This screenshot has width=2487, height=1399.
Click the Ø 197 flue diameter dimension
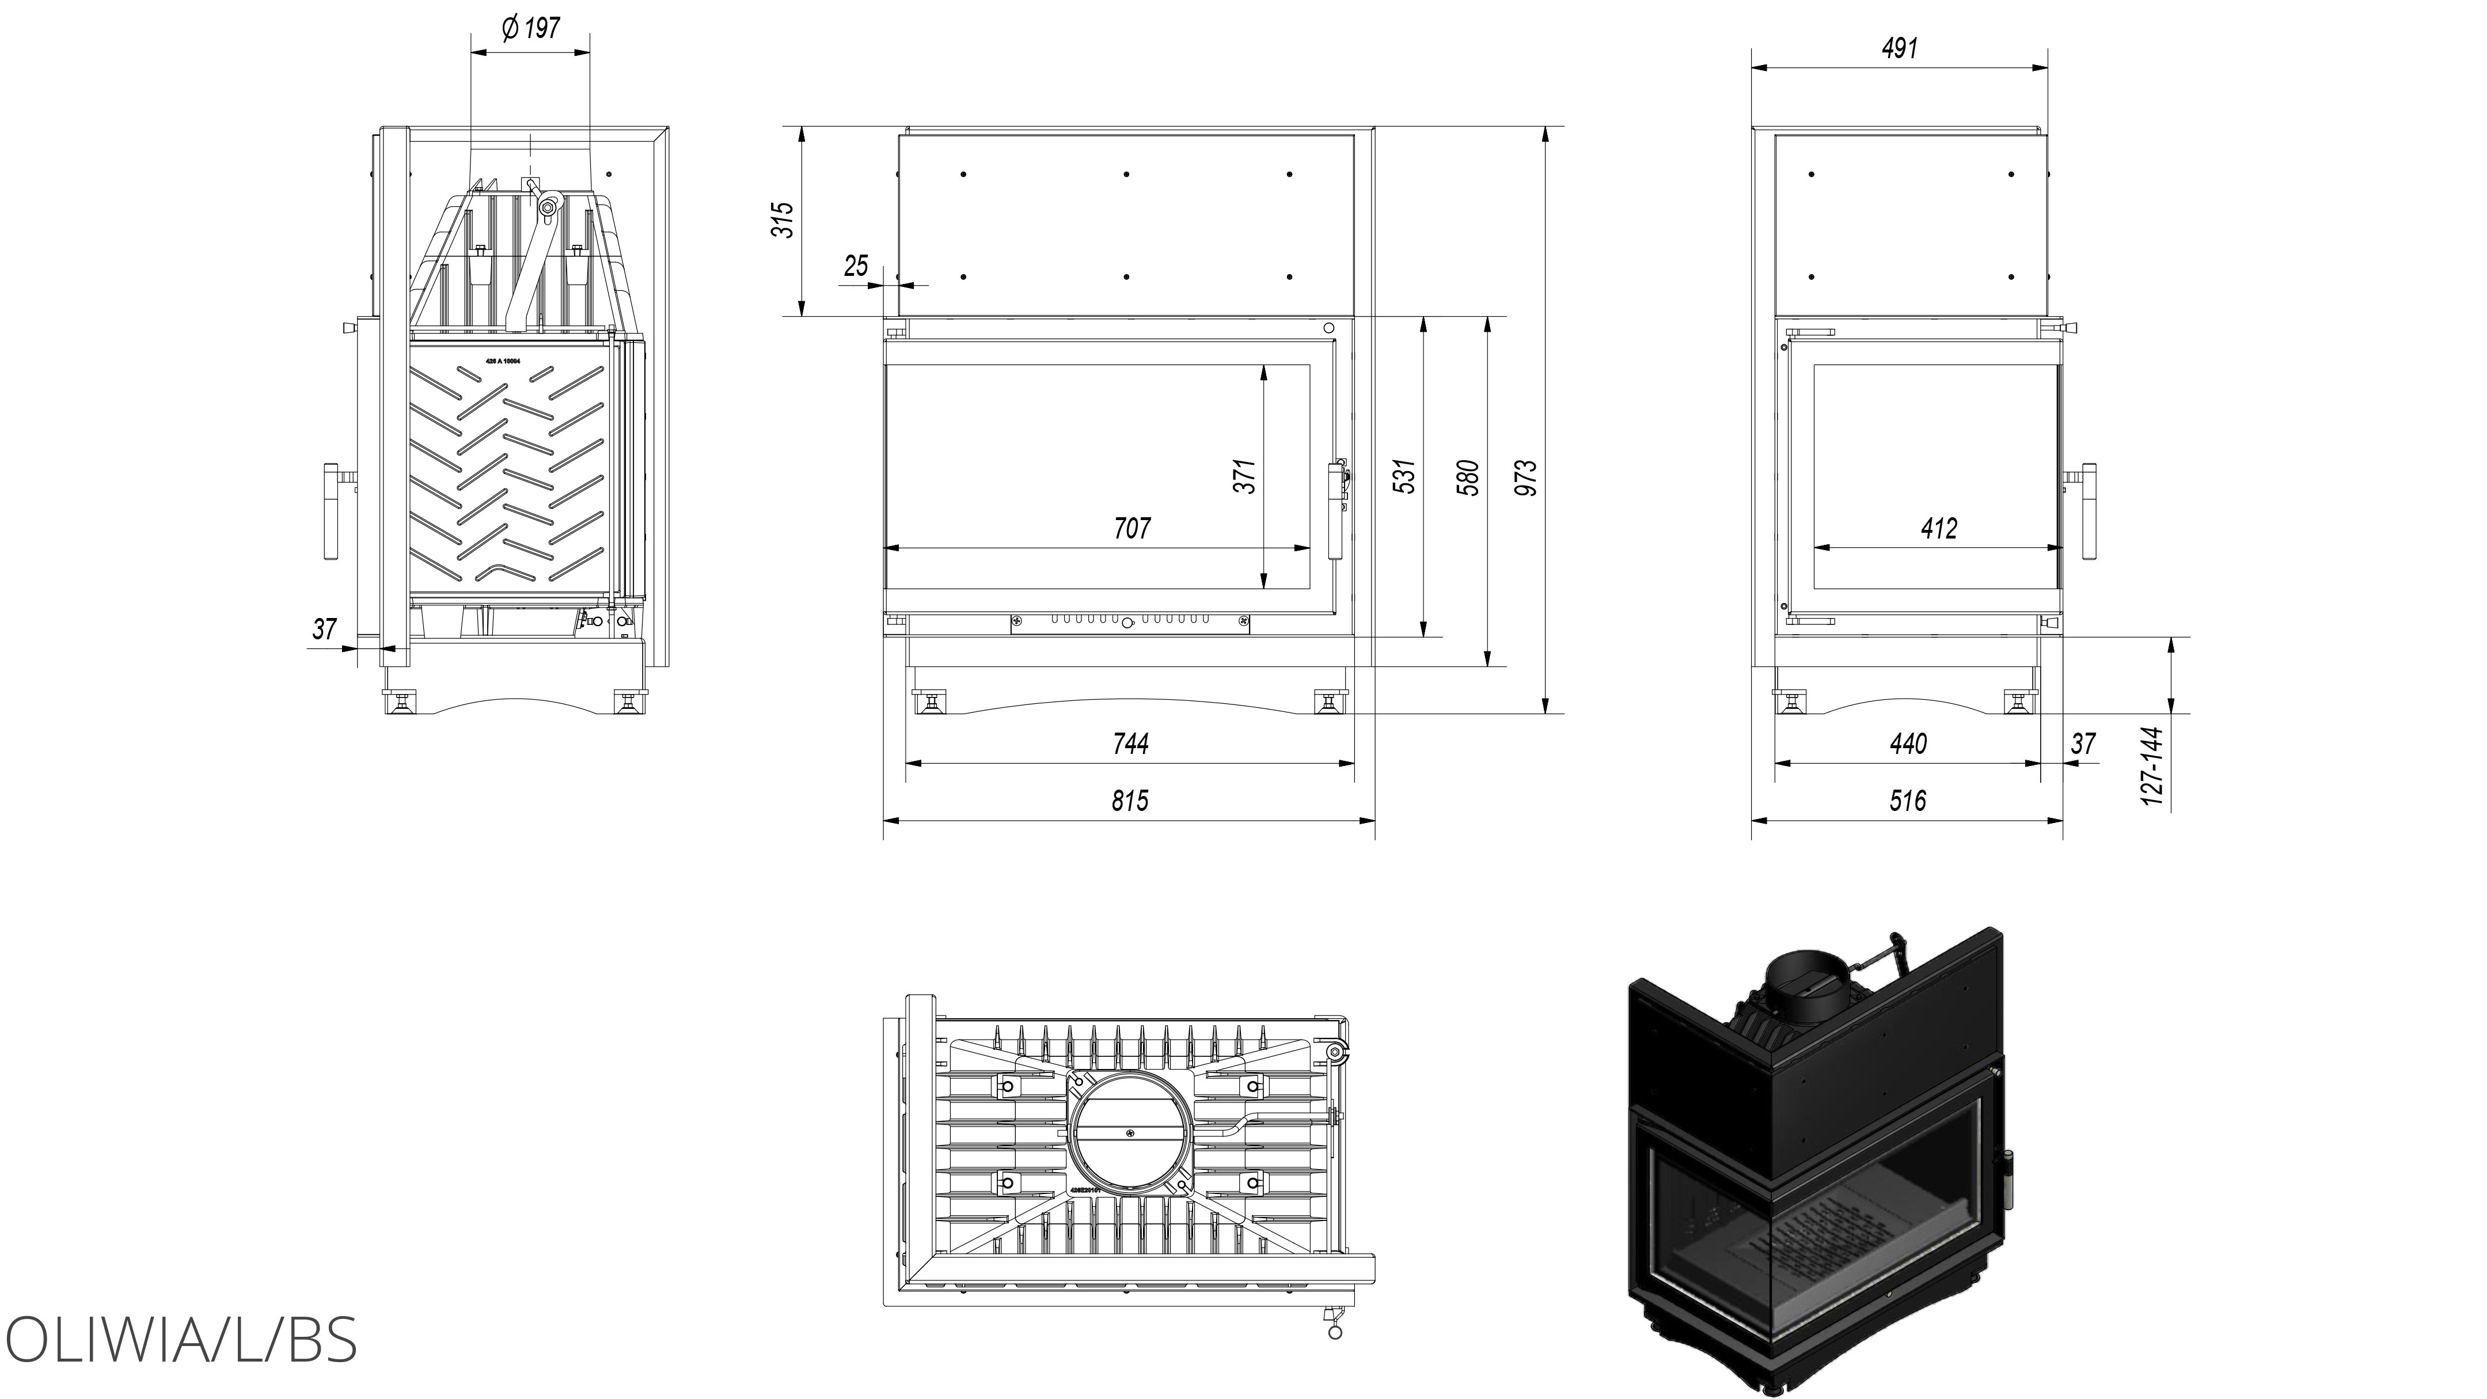pos(531,28)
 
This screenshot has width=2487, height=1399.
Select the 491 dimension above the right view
pos(1899,47)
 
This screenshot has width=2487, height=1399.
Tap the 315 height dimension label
pos(784,220)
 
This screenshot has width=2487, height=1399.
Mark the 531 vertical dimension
pos(1406,476)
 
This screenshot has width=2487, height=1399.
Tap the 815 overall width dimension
pos(1130,801)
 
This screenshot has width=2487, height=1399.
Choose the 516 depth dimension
pos(1908,801)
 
